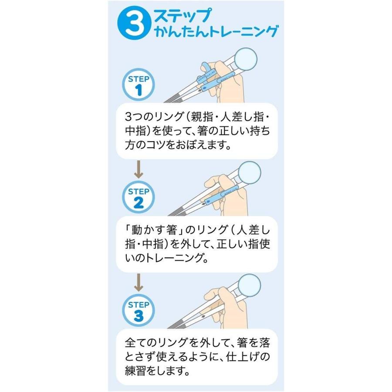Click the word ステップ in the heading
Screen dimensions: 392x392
(183, 16)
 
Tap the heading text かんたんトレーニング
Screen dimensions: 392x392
(216, 31)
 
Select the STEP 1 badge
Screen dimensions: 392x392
(139, 85)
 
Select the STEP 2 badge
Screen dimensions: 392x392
(139, 197)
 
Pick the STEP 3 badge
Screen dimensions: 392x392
(139, 310)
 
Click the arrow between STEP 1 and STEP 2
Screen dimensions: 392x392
(139, 169)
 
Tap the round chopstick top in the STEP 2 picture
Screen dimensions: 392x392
(250, 173)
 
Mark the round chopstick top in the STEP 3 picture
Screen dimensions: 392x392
(249, 285)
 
